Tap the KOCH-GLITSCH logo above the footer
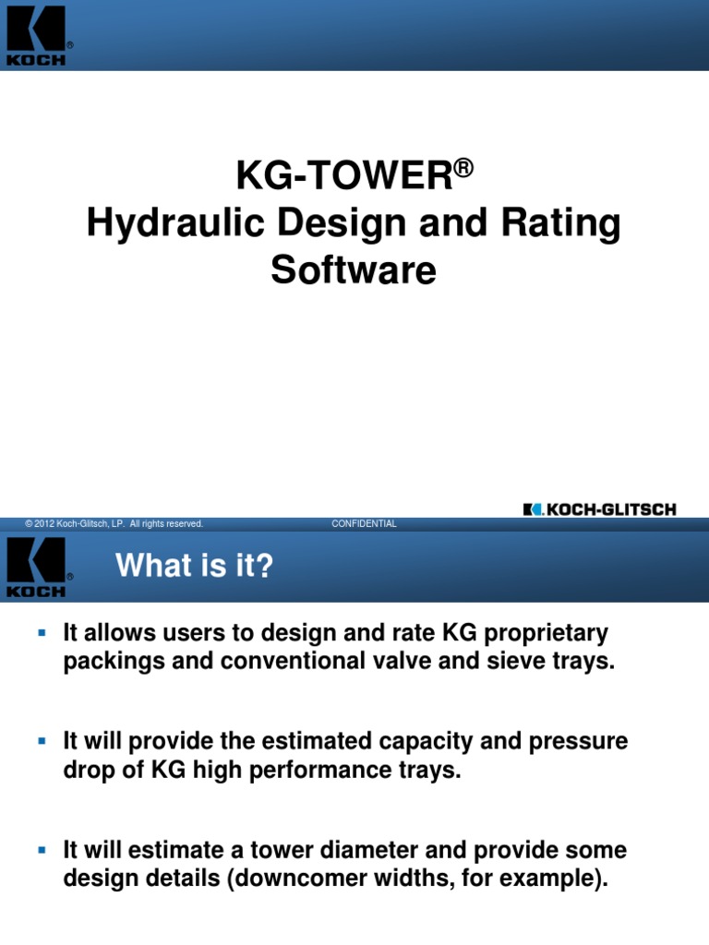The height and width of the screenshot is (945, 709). click(599, 508)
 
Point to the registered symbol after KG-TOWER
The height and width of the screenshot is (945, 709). click(463, 166)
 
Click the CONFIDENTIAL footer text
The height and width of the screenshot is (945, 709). click(364, 524)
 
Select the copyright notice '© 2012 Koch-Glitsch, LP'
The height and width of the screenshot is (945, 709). click(114, 524)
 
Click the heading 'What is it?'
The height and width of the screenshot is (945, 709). click(195, 566)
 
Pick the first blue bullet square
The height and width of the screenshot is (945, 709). click(41, 633)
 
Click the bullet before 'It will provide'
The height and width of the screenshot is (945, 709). click(41, 741)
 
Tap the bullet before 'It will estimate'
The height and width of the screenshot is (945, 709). click(41, 849)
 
